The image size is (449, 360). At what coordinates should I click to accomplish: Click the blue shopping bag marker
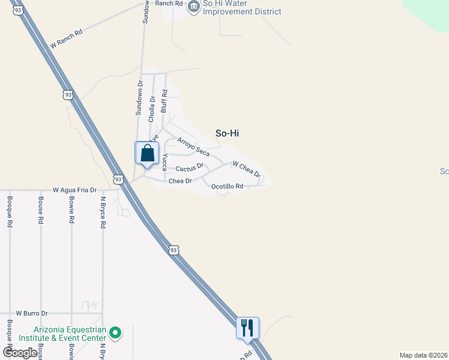147,154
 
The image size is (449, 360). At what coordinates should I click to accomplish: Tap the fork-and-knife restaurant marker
247,328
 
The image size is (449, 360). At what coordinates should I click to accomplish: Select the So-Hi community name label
227,133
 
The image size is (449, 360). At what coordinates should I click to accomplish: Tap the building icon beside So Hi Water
194,7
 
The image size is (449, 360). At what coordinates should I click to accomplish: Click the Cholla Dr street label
152,109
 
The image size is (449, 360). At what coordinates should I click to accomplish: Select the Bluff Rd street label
164,103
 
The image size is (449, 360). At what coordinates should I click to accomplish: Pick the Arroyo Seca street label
193,146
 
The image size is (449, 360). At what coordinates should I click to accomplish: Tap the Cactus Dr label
190,167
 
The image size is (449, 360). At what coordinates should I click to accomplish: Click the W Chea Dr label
246,169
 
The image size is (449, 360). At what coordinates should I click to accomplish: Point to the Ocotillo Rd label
228,187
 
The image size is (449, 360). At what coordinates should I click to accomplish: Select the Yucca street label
164,162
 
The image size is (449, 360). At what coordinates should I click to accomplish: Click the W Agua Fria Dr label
74,190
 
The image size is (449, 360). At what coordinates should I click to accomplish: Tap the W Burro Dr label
32,313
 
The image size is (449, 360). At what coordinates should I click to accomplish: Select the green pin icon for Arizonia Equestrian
116,332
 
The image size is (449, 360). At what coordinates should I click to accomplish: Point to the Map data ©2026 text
424,355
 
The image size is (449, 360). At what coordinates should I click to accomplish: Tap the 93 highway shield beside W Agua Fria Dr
119,179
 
